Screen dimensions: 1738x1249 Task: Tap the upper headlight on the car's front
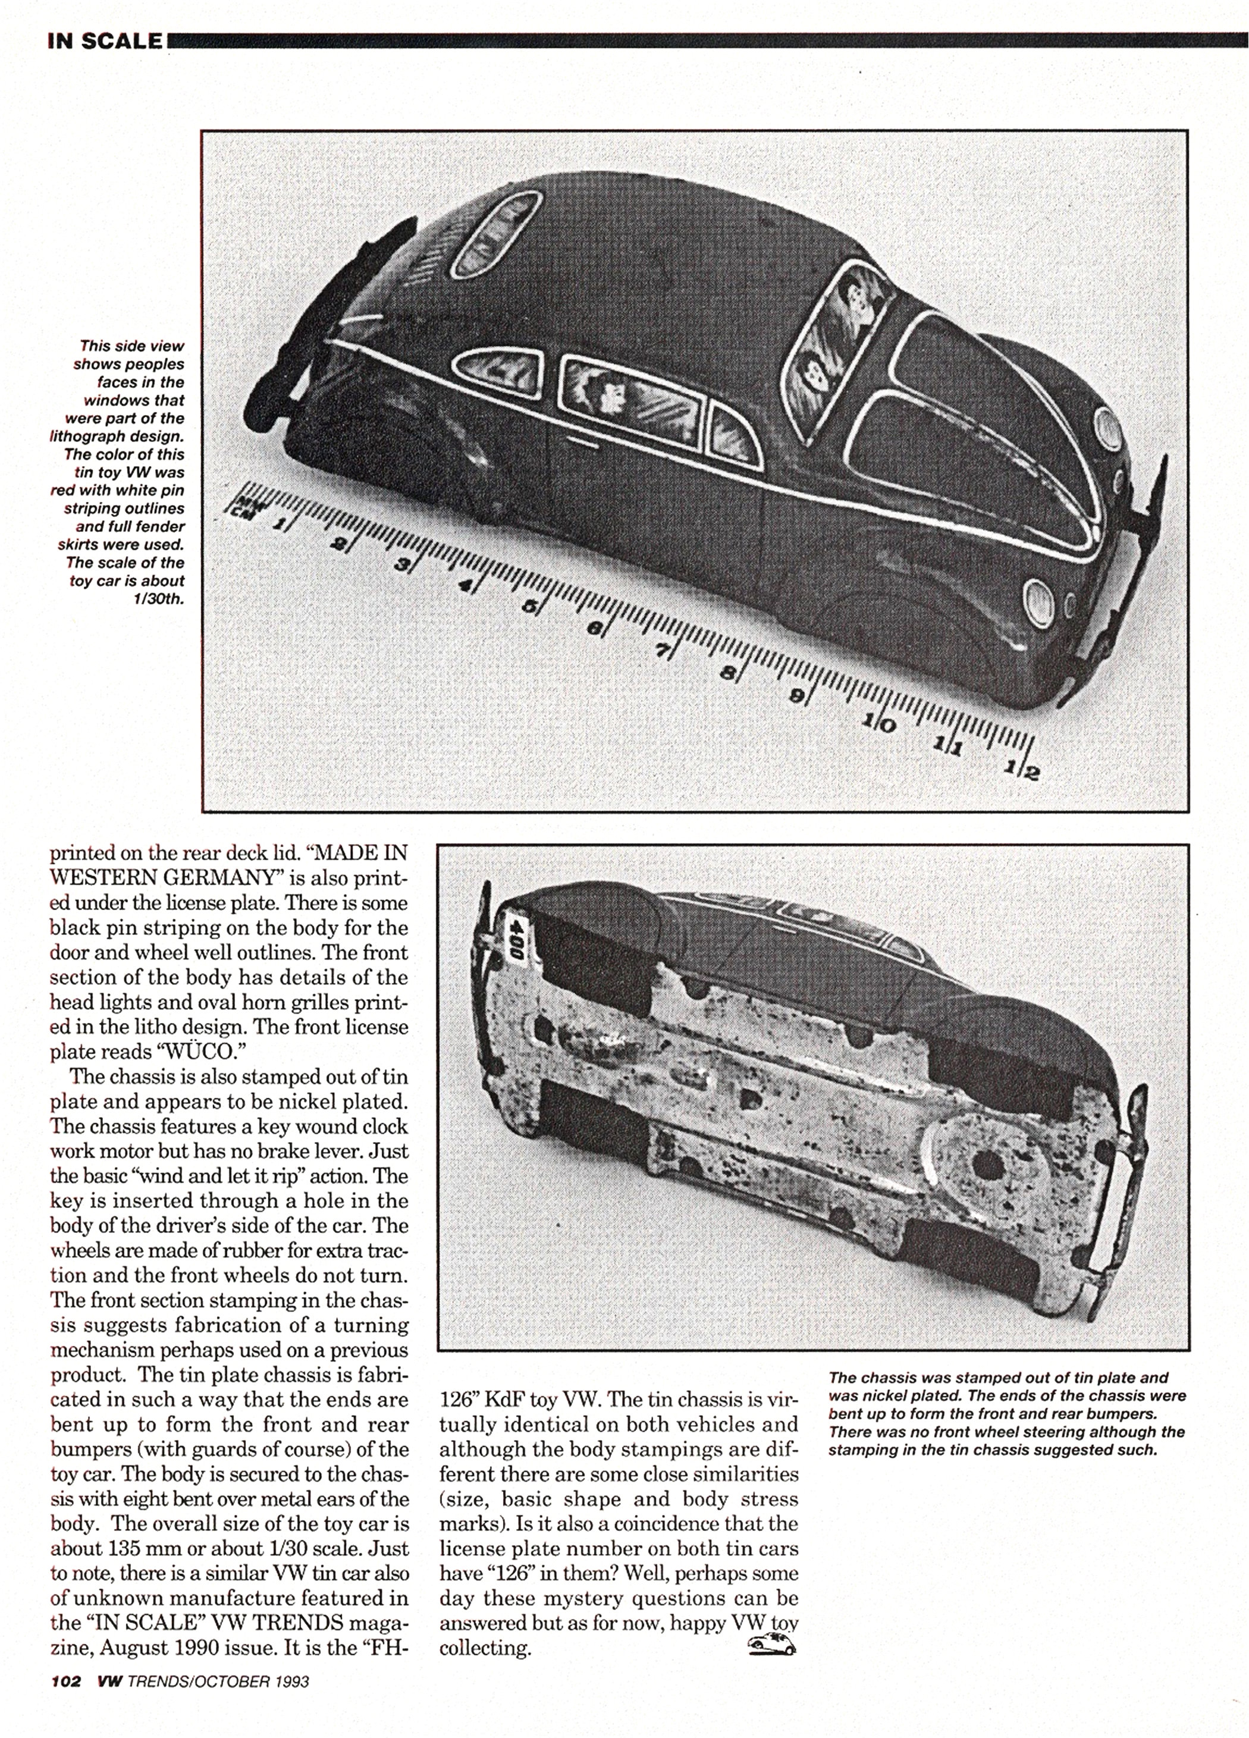[1107, 425]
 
